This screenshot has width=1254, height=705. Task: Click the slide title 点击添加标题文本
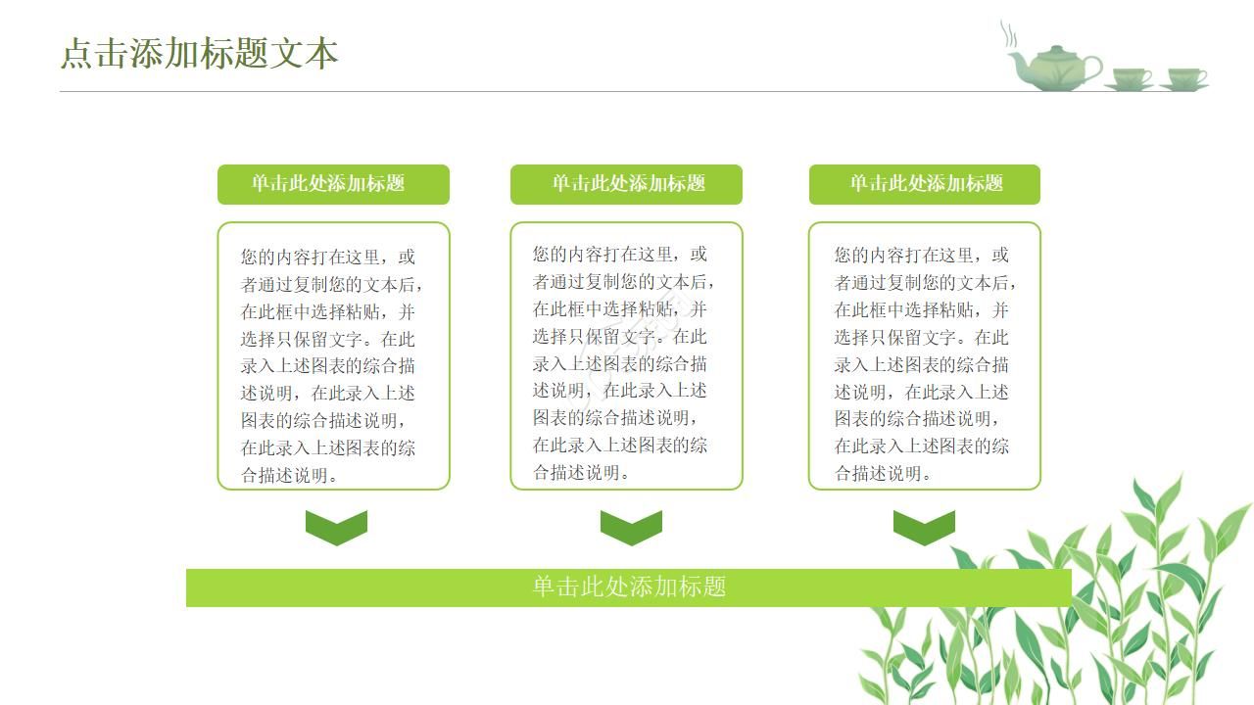pyautogui.click(x=199, y=53)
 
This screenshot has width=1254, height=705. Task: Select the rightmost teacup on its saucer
pyautogui.click(x=1186, y=77)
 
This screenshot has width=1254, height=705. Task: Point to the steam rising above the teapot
pyautogui.click(x=1008, y=35)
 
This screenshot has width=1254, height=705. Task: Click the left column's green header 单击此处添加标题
pyautogui.click(x=333, y=184)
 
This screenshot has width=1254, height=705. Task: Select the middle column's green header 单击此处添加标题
pyautogui.click(x=626, y=184)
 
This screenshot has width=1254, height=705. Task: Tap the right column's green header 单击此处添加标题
pyautogui.click(x=924, y=184)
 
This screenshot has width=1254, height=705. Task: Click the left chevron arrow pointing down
pyautogui.click(x=336, y=527)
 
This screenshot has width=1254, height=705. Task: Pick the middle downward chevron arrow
pyautogui.click(x=631, y=527)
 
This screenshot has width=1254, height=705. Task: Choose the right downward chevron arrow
pyautogui.click(x=924, y=527)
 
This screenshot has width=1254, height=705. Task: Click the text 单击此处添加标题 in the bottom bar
pyautogui.click(x=629, y=587)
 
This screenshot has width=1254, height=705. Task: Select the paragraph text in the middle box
pyautogui.click(x=624, y=363)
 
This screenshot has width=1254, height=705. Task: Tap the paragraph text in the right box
pyautogui.click(x=924, y=364)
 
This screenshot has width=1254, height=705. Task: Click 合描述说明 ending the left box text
pyautogui.click(x=290, y=476)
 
